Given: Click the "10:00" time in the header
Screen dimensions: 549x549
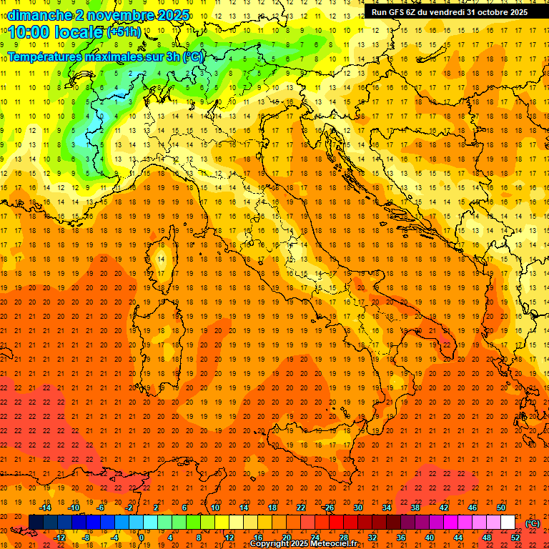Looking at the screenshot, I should (31, 32).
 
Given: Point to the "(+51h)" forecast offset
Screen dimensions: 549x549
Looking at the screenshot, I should (124, 32).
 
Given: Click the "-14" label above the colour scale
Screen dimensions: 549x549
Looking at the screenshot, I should (45, 508).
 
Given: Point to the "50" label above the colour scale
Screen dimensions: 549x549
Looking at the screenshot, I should (501, 508).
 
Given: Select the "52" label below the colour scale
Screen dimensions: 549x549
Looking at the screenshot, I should (515, 538).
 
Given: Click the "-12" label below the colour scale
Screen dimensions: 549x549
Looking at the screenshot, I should (59, 538).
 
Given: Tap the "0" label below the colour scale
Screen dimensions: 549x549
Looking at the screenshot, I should (142, 538).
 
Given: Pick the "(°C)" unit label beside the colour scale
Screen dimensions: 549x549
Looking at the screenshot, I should (533, 523).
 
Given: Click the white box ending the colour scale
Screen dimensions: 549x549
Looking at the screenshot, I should (508, 523).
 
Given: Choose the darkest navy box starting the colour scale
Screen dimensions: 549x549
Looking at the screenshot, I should (36, 523).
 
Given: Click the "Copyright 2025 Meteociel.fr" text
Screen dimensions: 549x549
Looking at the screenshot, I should (303, 544).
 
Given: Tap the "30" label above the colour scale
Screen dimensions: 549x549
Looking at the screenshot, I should (358, 508).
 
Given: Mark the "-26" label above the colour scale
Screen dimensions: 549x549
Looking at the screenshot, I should (328, 508).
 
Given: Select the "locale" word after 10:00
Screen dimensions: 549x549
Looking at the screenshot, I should (79, 32).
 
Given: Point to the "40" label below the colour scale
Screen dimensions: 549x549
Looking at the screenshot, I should (430, 538).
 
